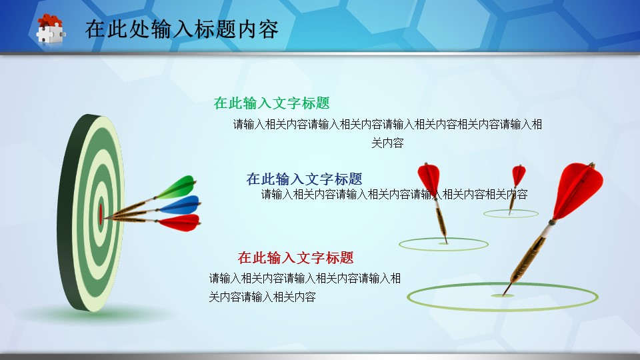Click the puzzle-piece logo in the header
point(51,29)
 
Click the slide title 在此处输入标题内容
point(181,29)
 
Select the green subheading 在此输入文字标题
point(271,103)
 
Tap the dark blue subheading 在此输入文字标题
point(304,179)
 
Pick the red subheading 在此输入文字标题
point(295,257)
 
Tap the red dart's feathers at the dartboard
point(179,223)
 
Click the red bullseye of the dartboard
point(101,214)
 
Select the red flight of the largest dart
point(579,190)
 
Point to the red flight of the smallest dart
point(519,175)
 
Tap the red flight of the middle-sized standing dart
point(429,179)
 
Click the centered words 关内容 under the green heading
point(387,143)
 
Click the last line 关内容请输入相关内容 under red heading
point(262,297)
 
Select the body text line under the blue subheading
point(394,194)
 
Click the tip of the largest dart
point(503,295)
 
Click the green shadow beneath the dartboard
point(98,313)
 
